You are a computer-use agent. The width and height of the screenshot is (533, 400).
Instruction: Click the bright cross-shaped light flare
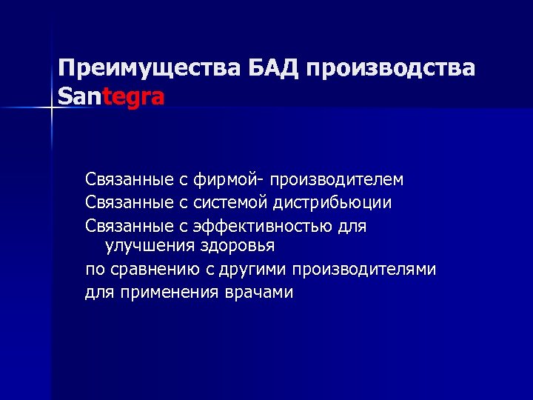[x=53, y=109]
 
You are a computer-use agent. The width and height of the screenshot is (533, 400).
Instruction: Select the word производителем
[x=337, y=180]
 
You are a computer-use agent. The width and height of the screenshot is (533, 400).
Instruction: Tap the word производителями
[x=364, y=269]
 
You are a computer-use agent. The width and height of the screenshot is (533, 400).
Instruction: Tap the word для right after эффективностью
[x=352, y=224]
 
